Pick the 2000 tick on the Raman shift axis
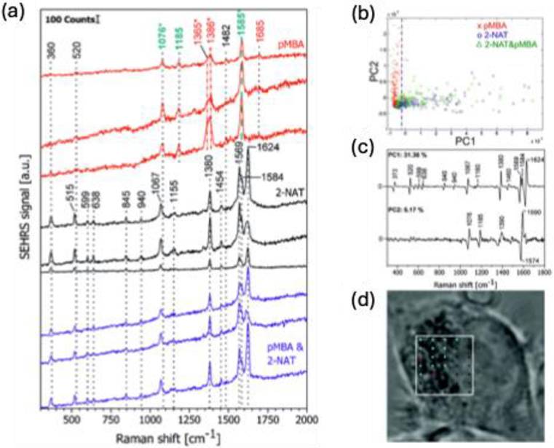(306, 421)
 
